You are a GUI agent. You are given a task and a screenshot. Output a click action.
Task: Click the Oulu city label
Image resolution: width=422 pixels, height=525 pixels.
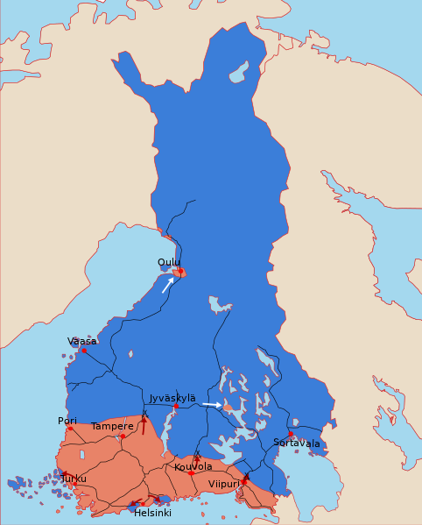coord(169,262)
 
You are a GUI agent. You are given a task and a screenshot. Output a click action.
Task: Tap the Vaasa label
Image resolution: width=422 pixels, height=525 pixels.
coord(82,341)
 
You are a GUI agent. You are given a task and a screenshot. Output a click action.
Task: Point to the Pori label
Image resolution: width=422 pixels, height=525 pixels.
coord(67,421)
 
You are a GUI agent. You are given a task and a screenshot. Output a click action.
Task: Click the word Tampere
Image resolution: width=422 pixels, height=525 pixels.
coord(113,426)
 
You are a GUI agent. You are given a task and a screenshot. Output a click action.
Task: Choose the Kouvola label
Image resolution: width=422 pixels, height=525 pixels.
coord(193,466)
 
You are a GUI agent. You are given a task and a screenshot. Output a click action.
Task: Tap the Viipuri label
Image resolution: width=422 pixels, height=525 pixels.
coord(224,483)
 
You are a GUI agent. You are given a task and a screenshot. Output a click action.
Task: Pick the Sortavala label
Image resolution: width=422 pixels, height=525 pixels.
coord(297,443)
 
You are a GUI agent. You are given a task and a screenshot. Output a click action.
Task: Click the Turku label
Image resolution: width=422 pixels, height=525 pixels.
coord(74,479)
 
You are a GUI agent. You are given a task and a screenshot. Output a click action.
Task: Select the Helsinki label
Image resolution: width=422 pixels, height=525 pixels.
coord(152,513)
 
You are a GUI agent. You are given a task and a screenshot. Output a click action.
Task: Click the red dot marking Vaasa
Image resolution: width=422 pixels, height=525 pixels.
coord(84,351)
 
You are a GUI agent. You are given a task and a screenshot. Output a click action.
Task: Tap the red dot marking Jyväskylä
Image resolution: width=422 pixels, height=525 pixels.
coord(176,407)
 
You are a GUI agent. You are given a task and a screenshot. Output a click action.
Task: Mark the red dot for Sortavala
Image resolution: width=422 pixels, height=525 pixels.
coord(291,434)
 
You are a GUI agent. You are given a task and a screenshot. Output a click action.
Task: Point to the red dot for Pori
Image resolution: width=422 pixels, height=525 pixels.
coord(70,429)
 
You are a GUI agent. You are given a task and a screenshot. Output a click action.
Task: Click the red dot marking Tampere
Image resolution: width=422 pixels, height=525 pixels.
coord(123,436)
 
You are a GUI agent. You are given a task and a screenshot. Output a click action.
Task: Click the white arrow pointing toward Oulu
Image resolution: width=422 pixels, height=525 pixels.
coord(167,285)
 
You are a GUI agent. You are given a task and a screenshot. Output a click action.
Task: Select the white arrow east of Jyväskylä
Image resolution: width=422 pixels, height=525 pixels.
coord(211,404)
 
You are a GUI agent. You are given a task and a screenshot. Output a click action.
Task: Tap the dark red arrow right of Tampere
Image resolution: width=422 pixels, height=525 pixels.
coord(144,424)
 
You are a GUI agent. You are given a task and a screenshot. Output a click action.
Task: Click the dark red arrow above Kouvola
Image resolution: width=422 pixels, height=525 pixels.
coord(197,458)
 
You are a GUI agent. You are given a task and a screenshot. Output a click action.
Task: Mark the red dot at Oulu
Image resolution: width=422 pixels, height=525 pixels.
coord(180,272)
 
